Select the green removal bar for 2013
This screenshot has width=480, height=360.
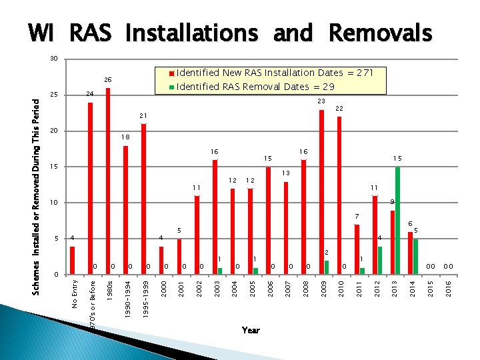click(x=397, y=220)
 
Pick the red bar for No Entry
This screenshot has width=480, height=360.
click(x=72, y=260)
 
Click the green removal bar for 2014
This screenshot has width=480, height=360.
click(x=415, y=256)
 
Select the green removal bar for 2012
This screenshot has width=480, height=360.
click(x=380, y=260)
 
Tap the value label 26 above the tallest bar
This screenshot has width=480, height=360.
click(x=107, y=80)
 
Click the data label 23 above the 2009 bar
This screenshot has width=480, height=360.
click(x=321, y=101)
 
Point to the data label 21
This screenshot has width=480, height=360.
click(x=143, y=116)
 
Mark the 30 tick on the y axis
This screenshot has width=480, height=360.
click(x=55, y=59)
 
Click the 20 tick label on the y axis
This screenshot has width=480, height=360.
click(x=55, y=131)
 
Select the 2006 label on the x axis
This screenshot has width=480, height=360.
click(x=269, y=289)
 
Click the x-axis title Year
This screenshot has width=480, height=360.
click(x=251, y=330)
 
